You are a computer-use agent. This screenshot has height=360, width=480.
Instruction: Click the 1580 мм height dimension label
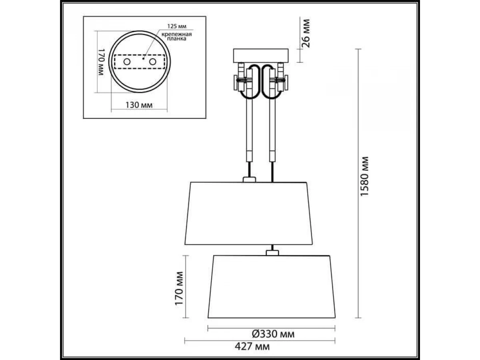364,176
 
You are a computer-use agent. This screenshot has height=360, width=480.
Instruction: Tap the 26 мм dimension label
306,34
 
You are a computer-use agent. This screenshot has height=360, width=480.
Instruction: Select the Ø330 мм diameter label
273,334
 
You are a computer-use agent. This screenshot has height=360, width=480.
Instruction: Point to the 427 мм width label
252,346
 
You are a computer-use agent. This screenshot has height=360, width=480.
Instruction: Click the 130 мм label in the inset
139,105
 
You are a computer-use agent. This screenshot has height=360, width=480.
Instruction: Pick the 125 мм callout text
177,26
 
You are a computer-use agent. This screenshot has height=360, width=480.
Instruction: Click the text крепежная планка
177,36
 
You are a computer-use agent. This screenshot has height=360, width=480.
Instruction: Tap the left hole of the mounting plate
127,62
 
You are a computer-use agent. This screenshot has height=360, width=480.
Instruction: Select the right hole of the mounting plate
153,62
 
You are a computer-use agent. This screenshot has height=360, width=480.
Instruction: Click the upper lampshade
248,213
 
